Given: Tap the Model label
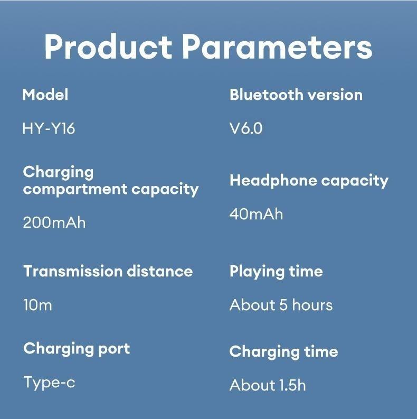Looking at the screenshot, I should (x=45, y=95).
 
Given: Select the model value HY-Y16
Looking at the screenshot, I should (x=49, y=128).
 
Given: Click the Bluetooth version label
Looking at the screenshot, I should (x=296, y=95).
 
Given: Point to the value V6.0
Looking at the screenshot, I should (x=245, y=128).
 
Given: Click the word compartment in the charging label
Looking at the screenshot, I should (x=75, y=190).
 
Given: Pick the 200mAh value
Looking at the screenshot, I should (x=54, y=222).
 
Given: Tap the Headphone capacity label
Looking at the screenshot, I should (x=309, y=181).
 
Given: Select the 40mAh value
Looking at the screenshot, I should (x=256, y=214).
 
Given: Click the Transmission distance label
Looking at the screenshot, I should (x=108, y=272).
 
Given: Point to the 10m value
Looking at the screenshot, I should (x=37, y=305).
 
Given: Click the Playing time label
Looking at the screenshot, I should (x=276, y=272).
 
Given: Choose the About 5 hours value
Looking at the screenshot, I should (x=281, y=305).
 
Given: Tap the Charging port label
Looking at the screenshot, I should (x=77, y=349).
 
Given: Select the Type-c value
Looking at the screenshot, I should (x=49, y=382).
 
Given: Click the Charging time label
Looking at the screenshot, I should (x=283, y=352).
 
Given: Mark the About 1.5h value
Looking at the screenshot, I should (x=267, y=385).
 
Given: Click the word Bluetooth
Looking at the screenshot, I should (x=266, y=95).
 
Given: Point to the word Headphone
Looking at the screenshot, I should (x=273, y=181).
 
